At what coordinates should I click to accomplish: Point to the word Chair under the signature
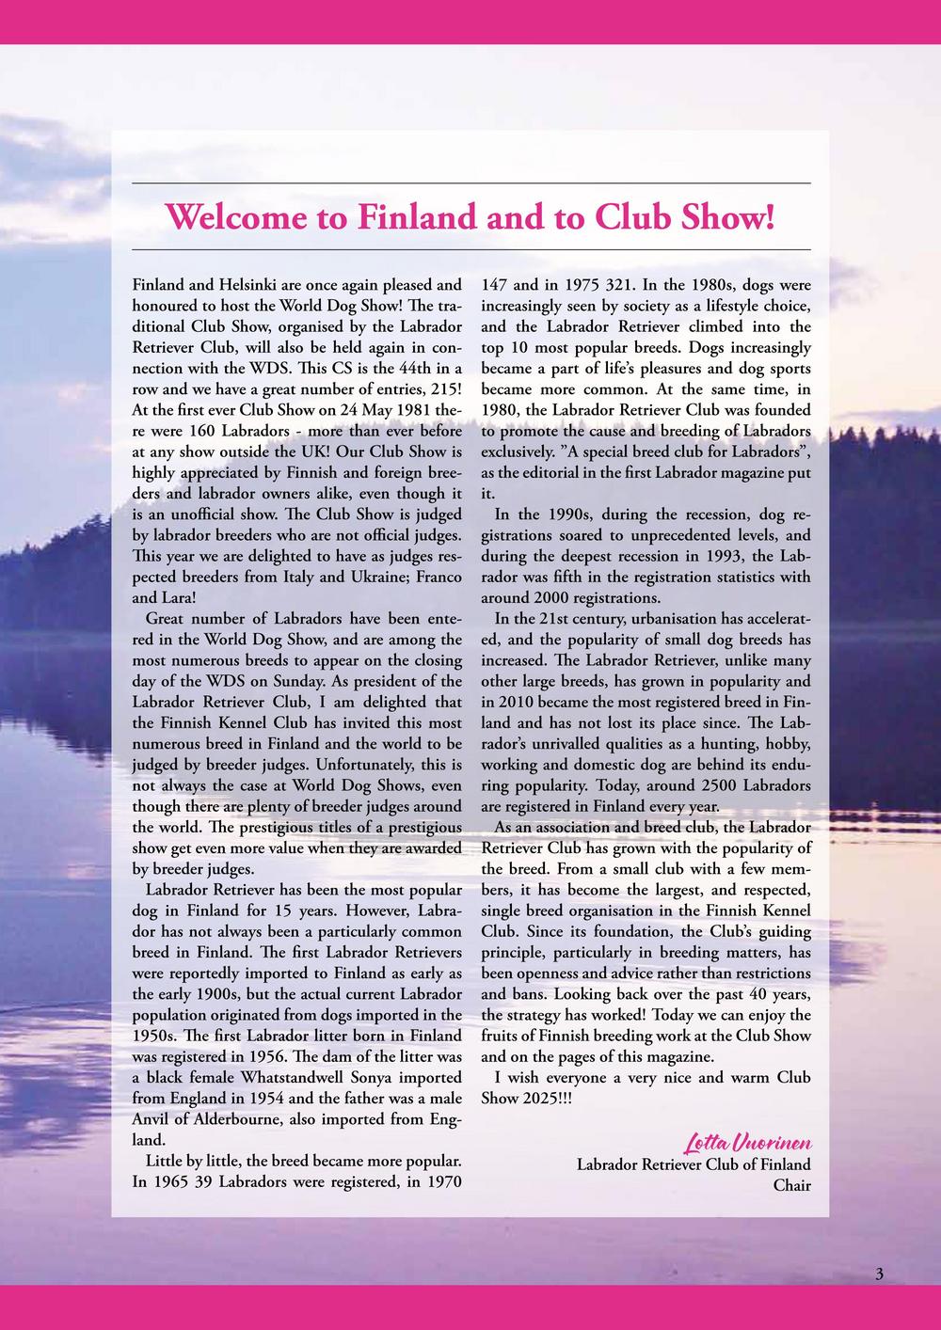pos(791,1185)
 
